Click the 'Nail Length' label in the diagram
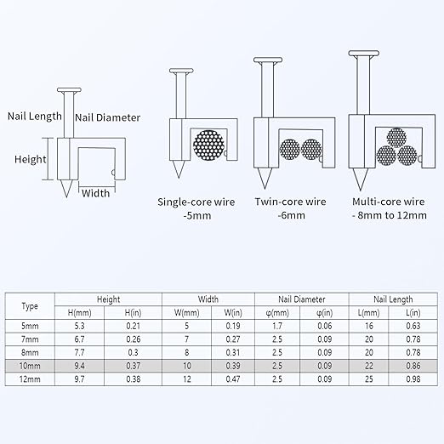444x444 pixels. [x=35, y=117]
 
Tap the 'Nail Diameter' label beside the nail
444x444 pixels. [x=108, y=117]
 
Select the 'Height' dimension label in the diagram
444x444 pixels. [x=31, y=159]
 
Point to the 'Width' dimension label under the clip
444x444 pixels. [x=95, y=193]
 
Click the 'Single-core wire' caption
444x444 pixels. [x=196, y=202]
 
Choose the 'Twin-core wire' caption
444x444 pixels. [x=290, y=202]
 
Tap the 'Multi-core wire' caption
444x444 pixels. [x=389, y=202]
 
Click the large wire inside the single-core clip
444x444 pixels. [x=208, y=145]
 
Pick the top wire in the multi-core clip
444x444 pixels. [x=396, y=138]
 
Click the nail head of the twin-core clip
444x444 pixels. [x=268, y=60]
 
